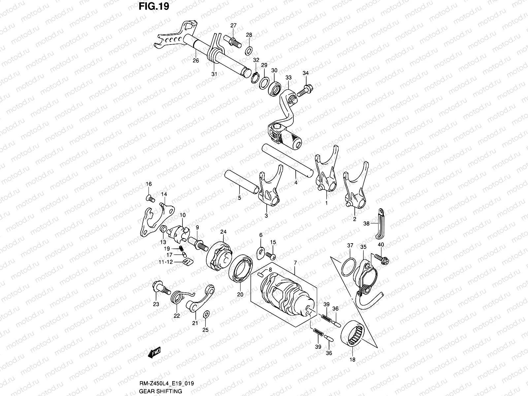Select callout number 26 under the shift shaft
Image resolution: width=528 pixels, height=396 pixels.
pyautogui.click(x=196, y=60)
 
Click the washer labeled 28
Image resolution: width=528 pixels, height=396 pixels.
pyautogui.click(x=249, y=51)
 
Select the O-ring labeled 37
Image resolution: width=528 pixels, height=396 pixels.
pyautogui.click(x=349, y=266)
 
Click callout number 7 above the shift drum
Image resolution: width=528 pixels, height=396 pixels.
pyautogui.click(x=295, y=262)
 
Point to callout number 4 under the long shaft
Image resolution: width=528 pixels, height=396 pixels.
pyautogui.click(x=296, y=182)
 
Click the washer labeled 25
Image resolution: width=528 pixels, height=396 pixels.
pyautogui.click(x=206, y=313)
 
